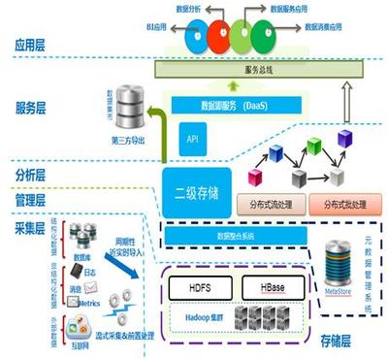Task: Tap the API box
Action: point(192,140)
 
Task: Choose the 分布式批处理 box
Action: point(339,205)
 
